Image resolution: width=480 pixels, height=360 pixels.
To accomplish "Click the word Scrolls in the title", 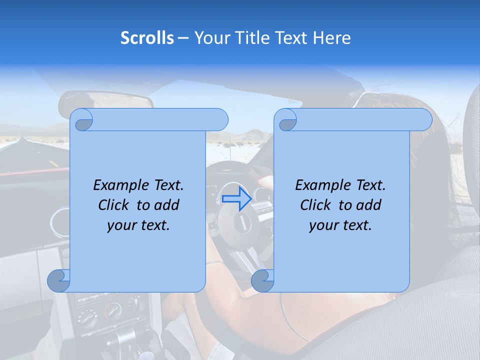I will tap(147, 37).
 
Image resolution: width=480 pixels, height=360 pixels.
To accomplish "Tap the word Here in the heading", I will tap(331, 37).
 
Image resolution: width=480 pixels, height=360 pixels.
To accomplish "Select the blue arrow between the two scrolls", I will tap(236, 198).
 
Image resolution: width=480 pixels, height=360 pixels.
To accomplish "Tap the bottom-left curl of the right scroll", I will tap(262, 281).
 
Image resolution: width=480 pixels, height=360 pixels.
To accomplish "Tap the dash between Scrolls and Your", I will tap(183, 38).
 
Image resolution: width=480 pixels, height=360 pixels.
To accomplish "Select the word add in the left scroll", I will tap(166, 205).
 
